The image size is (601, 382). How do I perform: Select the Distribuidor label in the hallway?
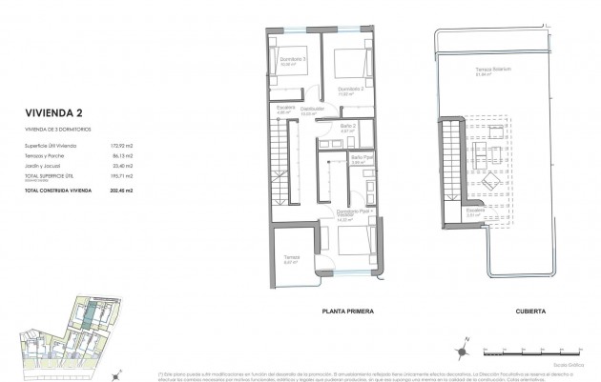(x=313, y=110)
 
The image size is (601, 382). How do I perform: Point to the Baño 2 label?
(x=348, y=126)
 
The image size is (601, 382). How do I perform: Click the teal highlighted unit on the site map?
(x=85, y=315)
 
